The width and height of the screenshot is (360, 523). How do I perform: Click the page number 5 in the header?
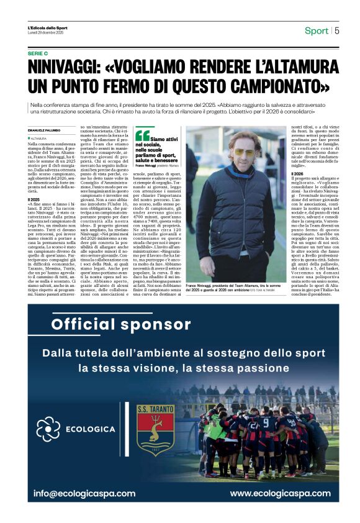(x=337, y=30)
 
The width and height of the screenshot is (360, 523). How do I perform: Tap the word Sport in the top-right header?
(x=317, y=30)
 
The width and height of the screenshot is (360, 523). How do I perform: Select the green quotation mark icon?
(x=142, y=134)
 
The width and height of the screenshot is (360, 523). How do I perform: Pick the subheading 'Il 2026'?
(x=297, y=173)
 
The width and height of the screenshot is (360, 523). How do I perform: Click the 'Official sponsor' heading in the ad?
(x=102, y=324)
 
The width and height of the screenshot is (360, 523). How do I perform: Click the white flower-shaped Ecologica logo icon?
(x=48, y=429)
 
